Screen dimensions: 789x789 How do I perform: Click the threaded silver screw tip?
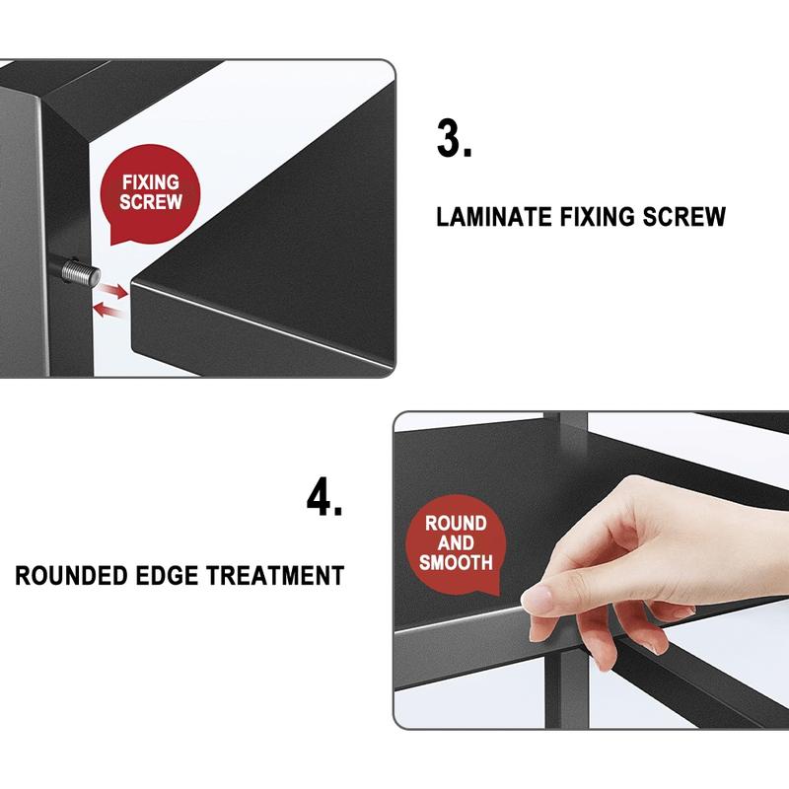pyautogui.click(x=81, y=274)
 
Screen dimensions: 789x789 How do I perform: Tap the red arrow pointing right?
pyautogui.click(x=112, y=290)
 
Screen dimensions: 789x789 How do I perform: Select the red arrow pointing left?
pyautogui.click(x=108, y=310)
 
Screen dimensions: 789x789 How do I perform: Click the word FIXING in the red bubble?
pyautogui.click(x=151, y=182)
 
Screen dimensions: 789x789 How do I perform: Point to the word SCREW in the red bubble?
pyautogui.click(x=151, y=202)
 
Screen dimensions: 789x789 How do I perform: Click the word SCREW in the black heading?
pyautogui.click(x=683, y=217)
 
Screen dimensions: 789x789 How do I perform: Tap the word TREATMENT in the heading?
pyautogui.click(x=276, y=576)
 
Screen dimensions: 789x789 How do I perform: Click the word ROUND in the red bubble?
pyautogui.click(x=456, y=524)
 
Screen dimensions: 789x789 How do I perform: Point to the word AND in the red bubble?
pyautogui.click(x=456, y=543)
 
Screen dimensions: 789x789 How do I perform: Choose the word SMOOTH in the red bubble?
pyautogui.click(x=456, y=562)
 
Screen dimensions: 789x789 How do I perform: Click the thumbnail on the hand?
pyautogui.click(x=538, y=599)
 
